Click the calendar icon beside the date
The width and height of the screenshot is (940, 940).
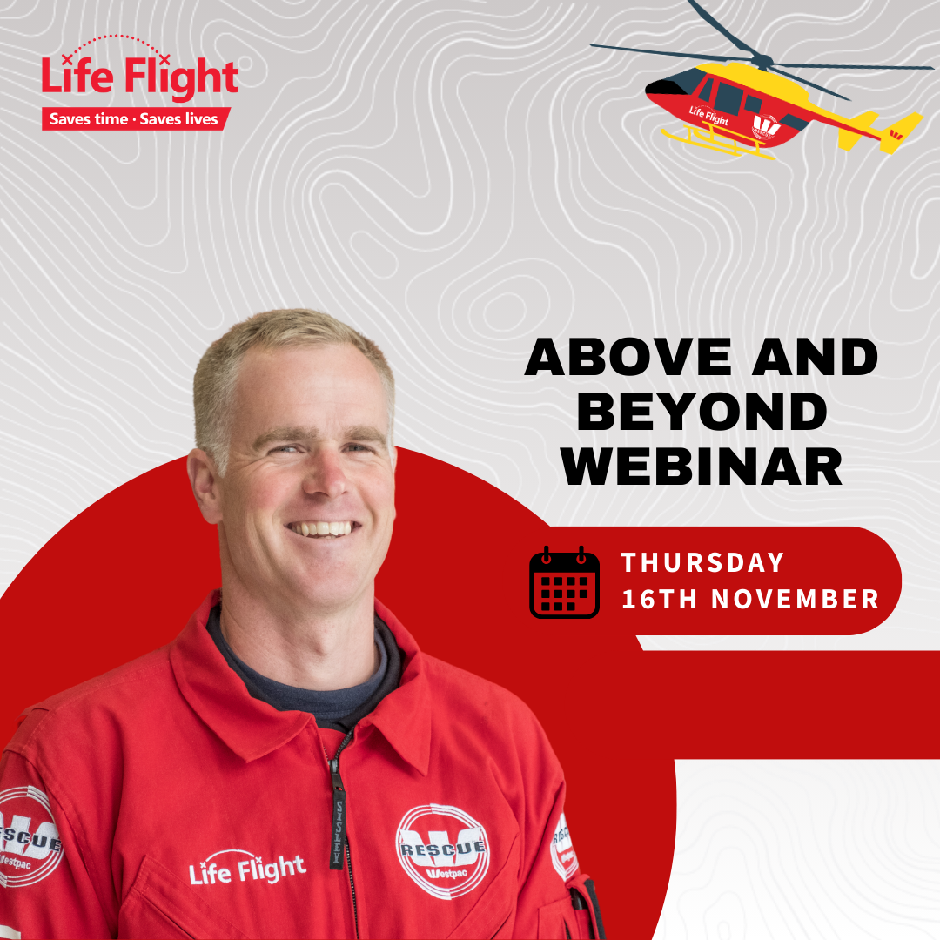pyautogui.click(x=564, y=582)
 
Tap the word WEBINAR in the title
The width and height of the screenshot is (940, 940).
pyautogui.click(x=702, y=467)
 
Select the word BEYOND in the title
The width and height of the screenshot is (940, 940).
pyautogui.click(x=702, y=412)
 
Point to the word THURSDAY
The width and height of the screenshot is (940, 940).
pyautogui.click(x=702, y=562)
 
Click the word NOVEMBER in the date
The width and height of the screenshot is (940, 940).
pyautogui.click(x=795, y=599)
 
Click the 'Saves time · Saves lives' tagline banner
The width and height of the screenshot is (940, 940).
pyautogui.click(x=136, y=118)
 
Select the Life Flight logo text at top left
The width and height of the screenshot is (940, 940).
pyautogui.click(x=139, y=76)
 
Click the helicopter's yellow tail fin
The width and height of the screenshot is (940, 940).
pyautogui.click(x=898, y=131)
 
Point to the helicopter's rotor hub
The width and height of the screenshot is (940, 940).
pyautogui.click(x=762, y=60)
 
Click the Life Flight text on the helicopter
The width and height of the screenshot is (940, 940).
pyautogui.click(x=708, y=115)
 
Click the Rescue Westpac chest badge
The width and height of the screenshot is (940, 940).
pyautogui.click(x=442, y=851)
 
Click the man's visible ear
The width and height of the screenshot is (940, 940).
pyautogui.click(x=204, y=486)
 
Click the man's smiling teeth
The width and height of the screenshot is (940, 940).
pyautogui.click(x=322, y=529)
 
